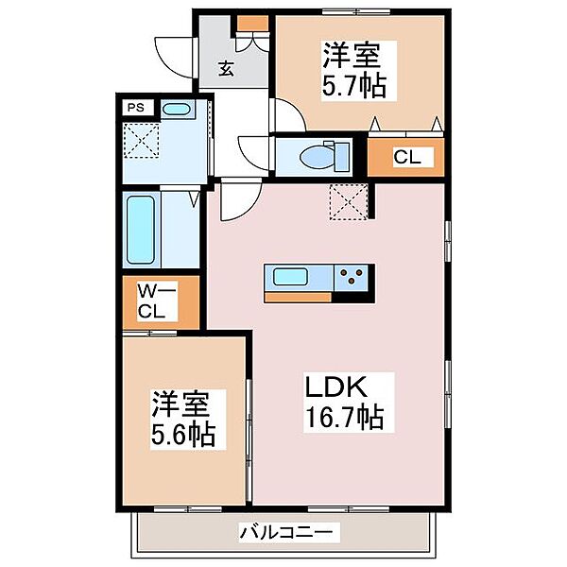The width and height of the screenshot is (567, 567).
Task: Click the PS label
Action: tap(135, 108)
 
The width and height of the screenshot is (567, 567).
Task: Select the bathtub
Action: tap(140, 230)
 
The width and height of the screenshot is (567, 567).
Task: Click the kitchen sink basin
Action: tap(290, 277)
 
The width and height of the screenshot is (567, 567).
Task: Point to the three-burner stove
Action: tap(352, 277)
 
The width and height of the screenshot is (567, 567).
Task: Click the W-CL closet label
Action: tap(157, 301)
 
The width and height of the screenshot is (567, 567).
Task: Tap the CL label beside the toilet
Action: tap(407, 158)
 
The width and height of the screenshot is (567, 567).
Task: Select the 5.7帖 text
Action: tap(354, 86)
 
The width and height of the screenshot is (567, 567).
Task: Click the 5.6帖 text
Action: tap(183, 435)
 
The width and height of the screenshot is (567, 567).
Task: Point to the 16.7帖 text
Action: tap(345, 418)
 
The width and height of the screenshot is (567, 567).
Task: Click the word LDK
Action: tap(335, 387)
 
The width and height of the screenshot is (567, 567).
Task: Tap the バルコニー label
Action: tap(285, 532)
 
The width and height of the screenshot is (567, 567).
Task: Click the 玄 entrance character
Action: tap(226, 69)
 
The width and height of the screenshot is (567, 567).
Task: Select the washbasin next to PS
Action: tap(176, 109)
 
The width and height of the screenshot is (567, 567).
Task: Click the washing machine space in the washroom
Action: tap(142, 140)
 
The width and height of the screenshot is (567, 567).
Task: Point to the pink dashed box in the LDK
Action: tap(349, 202)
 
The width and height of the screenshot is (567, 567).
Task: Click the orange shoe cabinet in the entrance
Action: tap(252, 23)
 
